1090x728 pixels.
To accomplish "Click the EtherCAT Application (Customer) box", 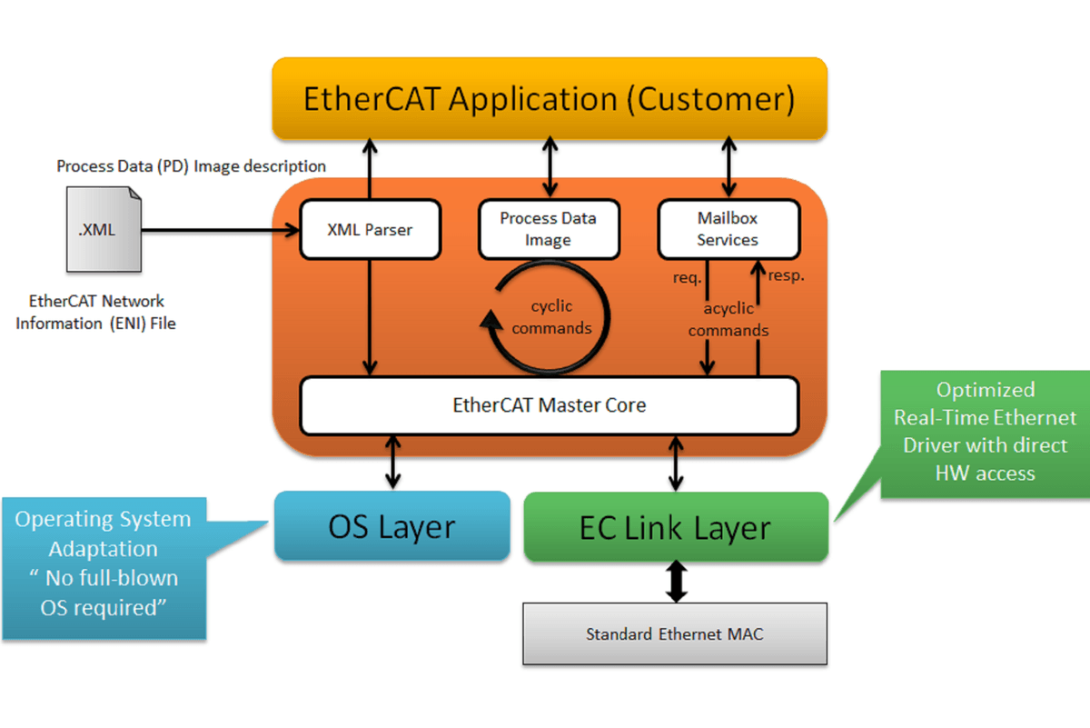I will click(x=549, y=98).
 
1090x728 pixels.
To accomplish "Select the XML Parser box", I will click(x=370, y=230).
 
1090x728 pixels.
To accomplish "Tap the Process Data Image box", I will click(x=548, y=229).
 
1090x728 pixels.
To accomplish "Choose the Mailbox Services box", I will click(x=728, y=229).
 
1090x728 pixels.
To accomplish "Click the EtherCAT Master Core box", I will click(x=549, y=405).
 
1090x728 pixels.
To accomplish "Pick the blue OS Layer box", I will click(x=391, y=526).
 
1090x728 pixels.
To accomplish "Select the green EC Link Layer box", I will click(x=675, y=527).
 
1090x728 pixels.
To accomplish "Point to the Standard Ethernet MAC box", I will click(x=674, y=633).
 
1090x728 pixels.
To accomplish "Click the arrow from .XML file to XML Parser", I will click(x=218, y=230).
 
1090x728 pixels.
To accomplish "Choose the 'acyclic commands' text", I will click(x=728, y=320).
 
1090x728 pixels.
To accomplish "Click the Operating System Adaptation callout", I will click(x=104, y=563).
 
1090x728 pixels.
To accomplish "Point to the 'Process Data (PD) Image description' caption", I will click(x=191, y=166).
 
